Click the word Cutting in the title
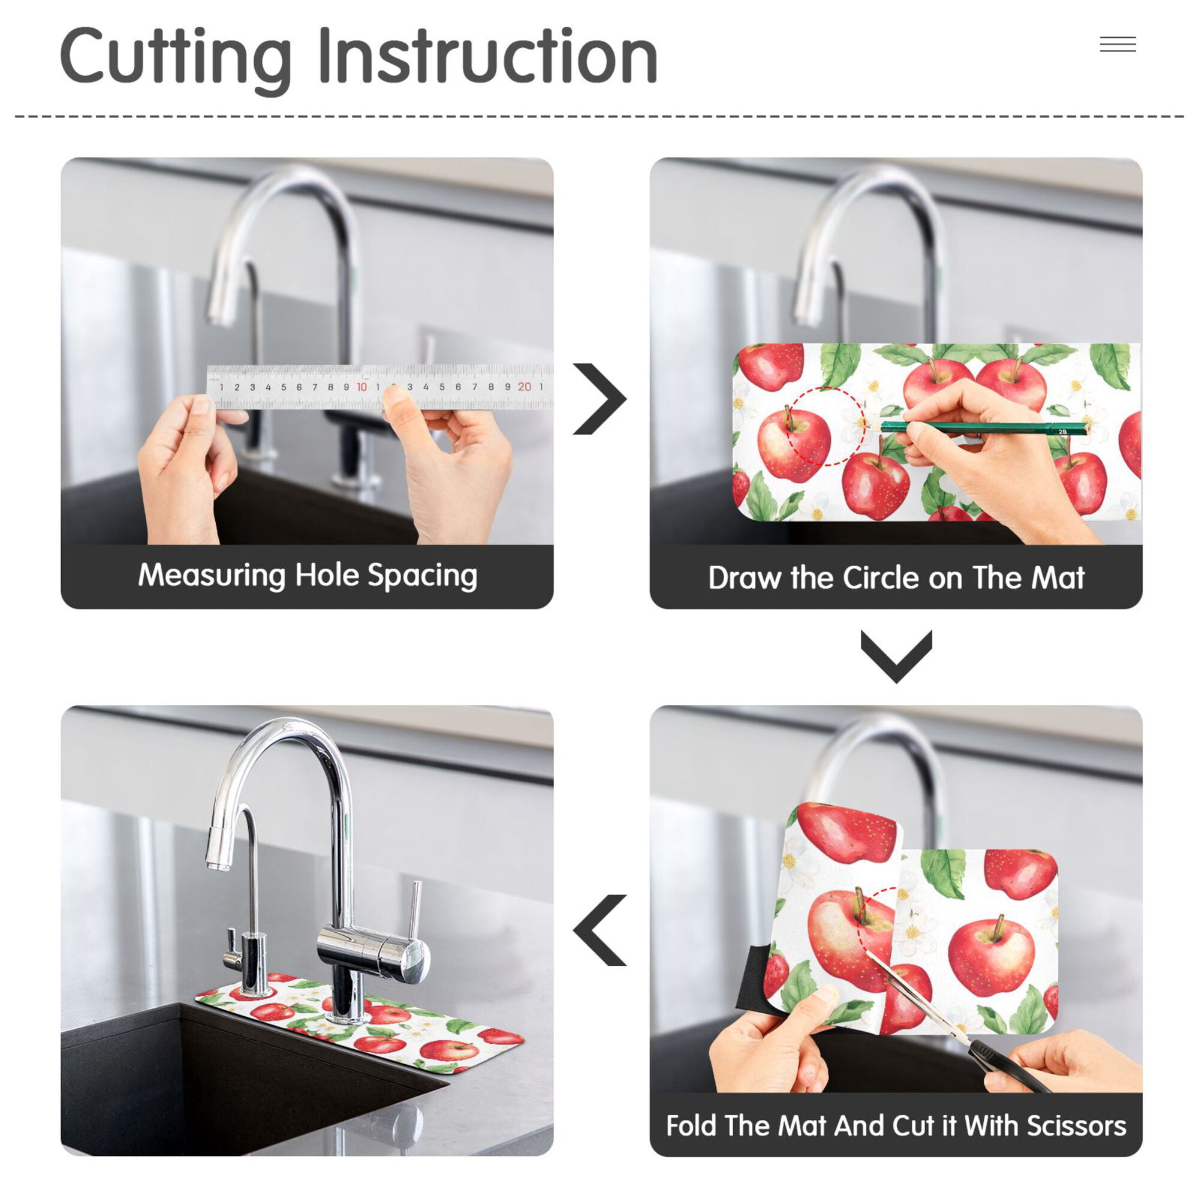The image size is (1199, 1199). point(176,59)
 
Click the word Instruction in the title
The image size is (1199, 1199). point(488,56)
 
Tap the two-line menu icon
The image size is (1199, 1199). point(1117,44)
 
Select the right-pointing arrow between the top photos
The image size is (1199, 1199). point(599,399)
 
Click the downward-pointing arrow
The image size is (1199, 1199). point(896,656)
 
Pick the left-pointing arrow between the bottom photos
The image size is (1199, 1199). point(599,930)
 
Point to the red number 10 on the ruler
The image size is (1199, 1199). point(361,387)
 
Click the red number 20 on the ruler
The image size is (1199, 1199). point(525,387)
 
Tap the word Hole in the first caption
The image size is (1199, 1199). point(327,575)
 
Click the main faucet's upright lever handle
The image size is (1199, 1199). point(415,912)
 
